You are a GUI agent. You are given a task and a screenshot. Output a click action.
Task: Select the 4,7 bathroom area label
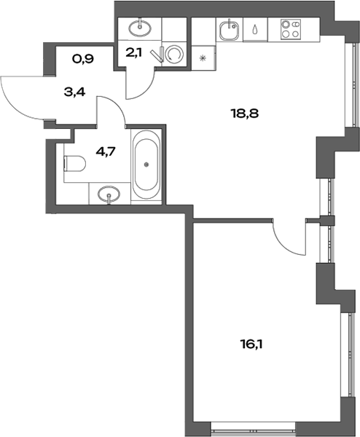[106, 153]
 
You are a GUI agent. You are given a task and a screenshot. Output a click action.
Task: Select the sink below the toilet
[109, 194]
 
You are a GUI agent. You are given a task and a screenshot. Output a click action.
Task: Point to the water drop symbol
[255, 31]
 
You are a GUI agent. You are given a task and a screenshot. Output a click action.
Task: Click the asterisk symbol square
[203, 56]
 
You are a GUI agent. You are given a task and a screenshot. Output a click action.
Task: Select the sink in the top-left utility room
[139, 28]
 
